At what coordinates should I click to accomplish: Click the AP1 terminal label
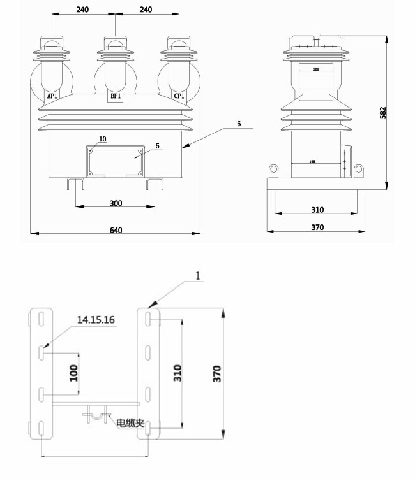point(52,96)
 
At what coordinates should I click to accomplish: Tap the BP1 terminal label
point(116,96)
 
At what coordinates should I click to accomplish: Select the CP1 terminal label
point(179,96)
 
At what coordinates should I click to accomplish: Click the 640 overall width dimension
point(116,229)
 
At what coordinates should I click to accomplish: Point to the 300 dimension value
point(116,203)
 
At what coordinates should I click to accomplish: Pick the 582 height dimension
point(400,112)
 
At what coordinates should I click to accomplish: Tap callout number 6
point(238,124)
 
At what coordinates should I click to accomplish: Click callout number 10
point(103,138)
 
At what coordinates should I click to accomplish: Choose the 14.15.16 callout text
point(96,320)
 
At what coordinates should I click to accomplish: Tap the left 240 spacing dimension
point(83,10)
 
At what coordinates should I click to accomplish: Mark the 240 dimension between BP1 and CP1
point(147,10)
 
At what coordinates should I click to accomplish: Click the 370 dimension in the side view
point(317,227)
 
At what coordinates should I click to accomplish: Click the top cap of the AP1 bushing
point(51,43)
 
